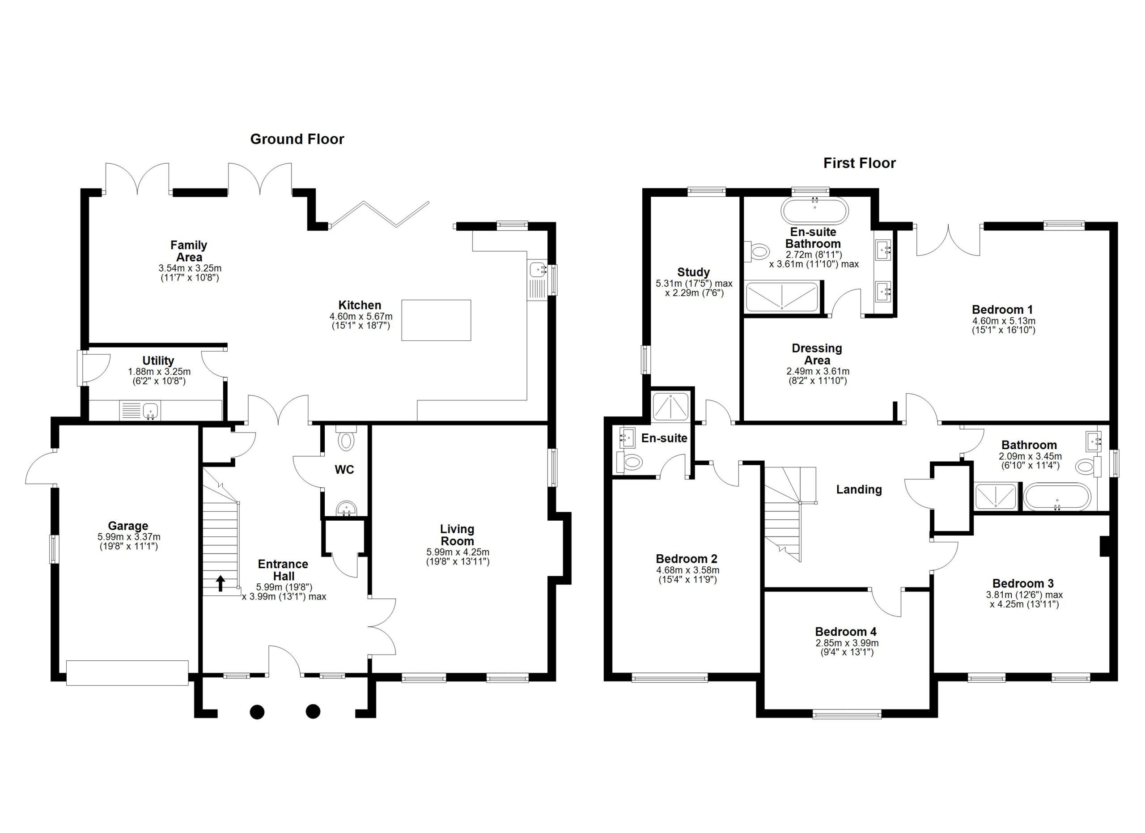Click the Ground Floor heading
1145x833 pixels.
(x=297, y=139)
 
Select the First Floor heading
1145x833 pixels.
(x=859, y=163)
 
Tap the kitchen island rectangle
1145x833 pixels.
(x=436, y=320)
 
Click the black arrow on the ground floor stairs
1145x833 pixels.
(x=221, y=583)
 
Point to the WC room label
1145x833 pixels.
(x=344, y=469)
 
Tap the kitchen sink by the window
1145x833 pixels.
(x=538, y=270)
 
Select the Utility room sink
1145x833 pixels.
(x=150, y=411)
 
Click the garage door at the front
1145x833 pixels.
(x=127, y=672)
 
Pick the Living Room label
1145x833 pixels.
(x=457, y=535)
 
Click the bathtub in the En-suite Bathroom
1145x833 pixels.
(x=815, y=211)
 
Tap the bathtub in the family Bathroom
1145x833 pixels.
(x=1056, y=496)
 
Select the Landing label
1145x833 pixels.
(x=859, y=489)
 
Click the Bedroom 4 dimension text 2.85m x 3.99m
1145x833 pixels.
(x=847, y=643)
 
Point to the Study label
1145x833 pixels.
(x=693, y=272)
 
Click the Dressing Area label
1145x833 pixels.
(x=817, y=354)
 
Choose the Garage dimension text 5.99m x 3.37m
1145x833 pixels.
(x=129, y=537)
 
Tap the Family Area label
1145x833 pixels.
(x=188, y=251)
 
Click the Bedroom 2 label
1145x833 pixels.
(x=686, y=559)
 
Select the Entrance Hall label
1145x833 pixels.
(x=283, y=570)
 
